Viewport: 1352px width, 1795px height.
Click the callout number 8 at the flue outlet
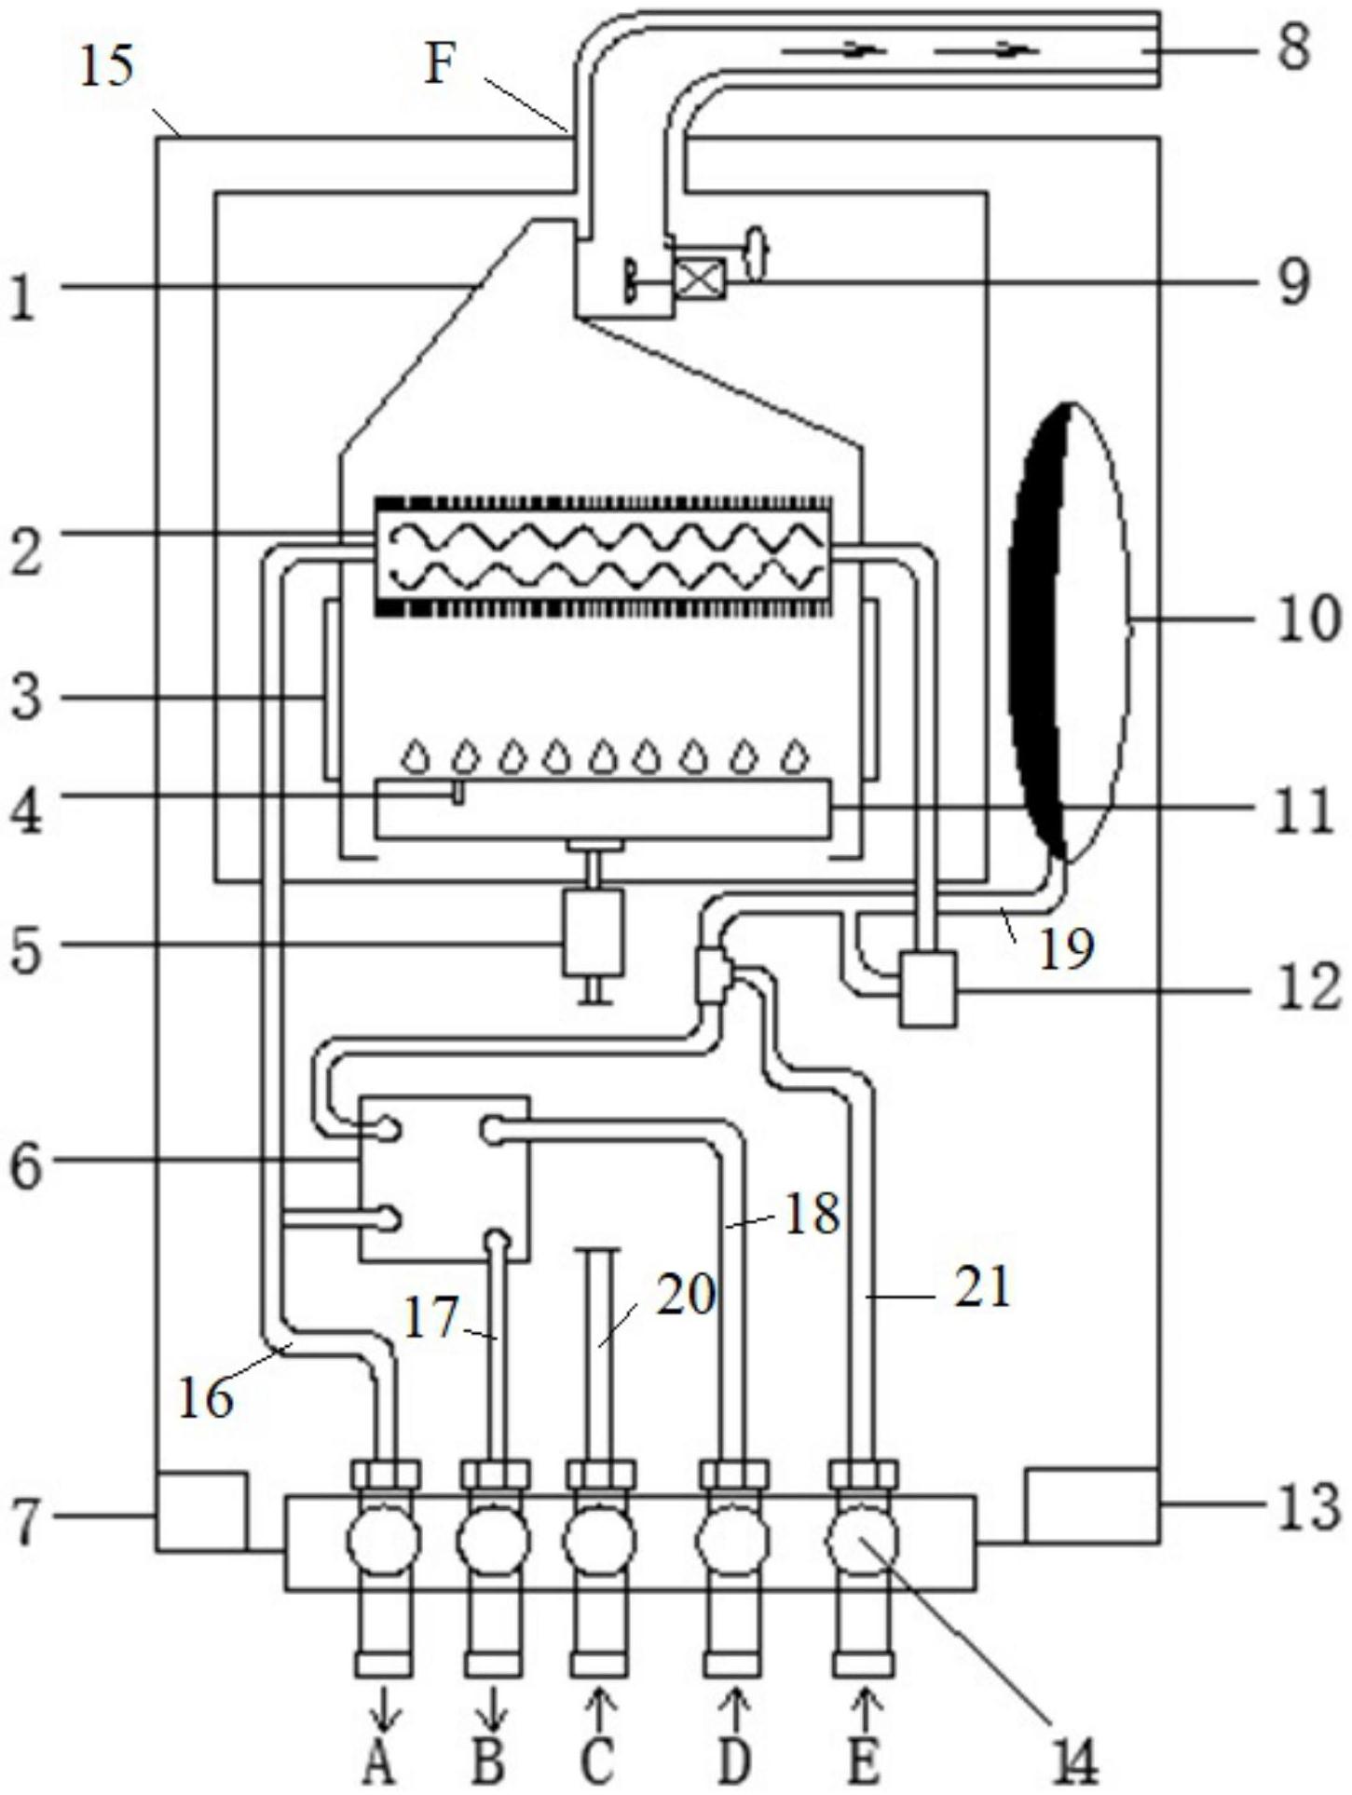[x=1293, y=47]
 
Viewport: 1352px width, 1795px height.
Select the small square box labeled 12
[x=928, y=987]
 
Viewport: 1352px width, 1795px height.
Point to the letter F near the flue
[x=439, y=66]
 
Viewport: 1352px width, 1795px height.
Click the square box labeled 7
[x=201, y=1511]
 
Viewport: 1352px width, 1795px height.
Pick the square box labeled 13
[x=1091, y=1504]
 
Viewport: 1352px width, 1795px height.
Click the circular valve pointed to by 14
[x=863, y=1541]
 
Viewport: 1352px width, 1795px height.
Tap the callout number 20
[x=685, y=1295]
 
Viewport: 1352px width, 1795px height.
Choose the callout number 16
[x=205, y=1397]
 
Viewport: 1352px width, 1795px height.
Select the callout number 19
[x=1067, y=950]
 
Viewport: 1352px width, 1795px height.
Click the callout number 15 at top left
[x=106, y=67]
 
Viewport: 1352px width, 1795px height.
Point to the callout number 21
[x=982, y=1289]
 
